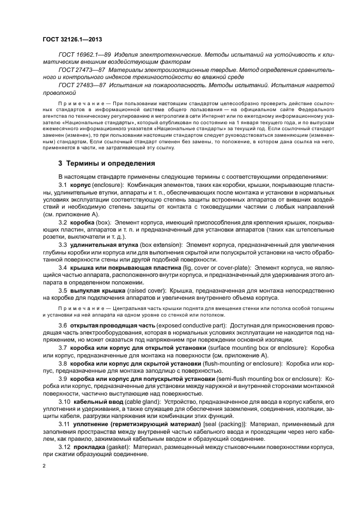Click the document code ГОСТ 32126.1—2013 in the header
pos(72,40)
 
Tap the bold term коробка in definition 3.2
pos(82,223)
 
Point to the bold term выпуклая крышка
pos(96,290)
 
